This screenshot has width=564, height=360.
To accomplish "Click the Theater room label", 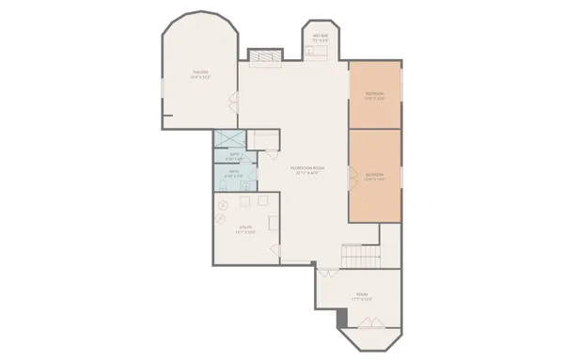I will point(200,71).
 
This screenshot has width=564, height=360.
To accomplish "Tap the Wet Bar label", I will point(320,34).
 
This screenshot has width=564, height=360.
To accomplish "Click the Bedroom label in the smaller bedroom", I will point(375,93).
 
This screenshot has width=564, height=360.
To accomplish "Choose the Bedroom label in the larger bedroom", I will point(374,174).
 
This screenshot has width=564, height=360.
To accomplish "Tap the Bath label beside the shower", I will point(235,154).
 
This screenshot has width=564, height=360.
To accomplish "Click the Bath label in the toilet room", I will point(234,172).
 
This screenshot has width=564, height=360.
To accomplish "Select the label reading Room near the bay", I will point(362,294).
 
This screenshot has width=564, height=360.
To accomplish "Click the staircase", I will point(357,254).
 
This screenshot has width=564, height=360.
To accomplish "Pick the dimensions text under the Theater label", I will point(200,77).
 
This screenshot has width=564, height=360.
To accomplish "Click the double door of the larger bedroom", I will point(351,175).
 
